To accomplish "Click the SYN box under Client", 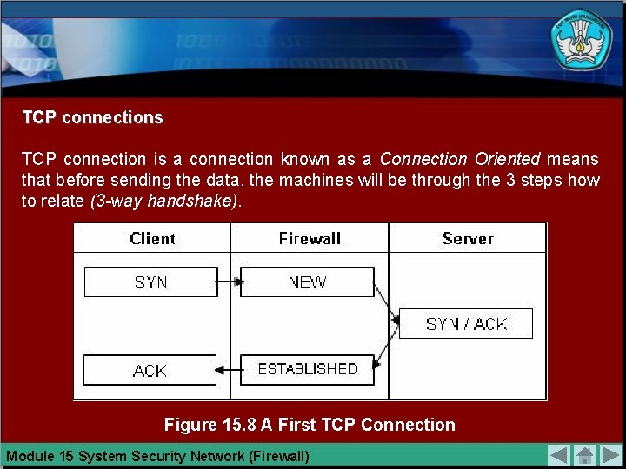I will point(150,282).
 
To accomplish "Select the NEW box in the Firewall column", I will point(307,282).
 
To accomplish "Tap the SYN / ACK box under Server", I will point(466,324).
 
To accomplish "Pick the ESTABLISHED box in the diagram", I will point(307,369).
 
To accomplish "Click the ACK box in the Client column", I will point(150,370).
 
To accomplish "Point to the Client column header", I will point(152,238).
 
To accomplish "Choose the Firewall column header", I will point(310,238).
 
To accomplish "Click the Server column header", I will point(468,238).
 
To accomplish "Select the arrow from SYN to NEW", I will point(229,282).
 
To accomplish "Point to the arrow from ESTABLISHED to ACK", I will point(228,371).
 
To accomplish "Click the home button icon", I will point(585,455).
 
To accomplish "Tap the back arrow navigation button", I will point(559,455).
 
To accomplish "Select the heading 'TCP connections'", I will point(92,117).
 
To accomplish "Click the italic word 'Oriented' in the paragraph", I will point(507,159).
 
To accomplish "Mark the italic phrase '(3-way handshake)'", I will point(163,201).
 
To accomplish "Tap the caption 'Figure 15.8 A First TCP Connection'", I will point(310,425).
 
